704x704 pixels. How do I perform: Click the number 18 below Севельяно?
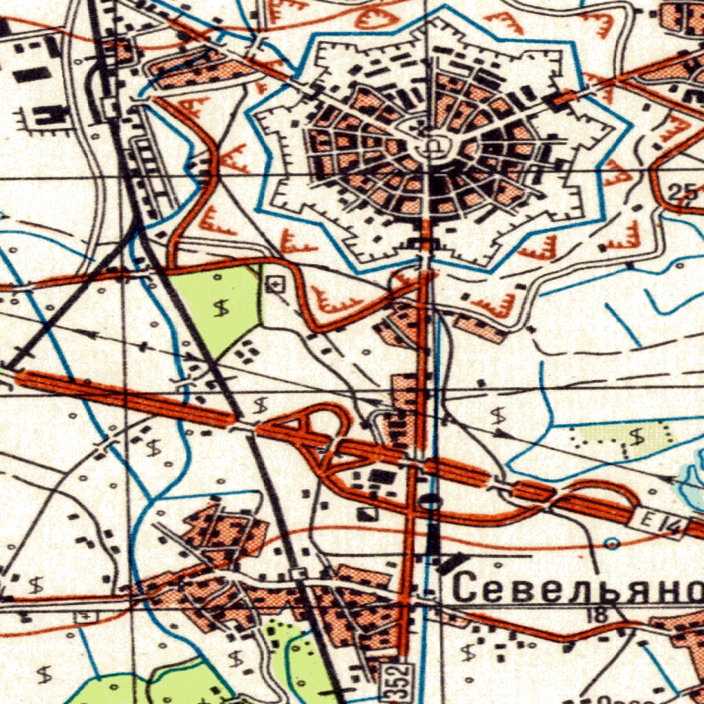pyautogui.click(x=597, y=615)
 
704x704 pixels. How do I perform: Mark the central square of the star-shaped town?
pyautogui.click(x=434, y=145)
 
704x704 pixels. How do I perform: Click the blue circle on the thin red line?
pyautogui.click(x=612, y=544)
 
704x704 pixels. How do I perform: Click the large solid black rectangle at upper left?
pyautogui.click(x=32, y=74)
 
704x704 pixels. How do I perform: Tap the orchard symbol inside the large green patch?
pyautogui.click(x=221, y=309)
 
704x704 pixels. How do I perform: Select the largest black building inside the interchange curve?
pyautogui.click(x=380, y=476)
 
